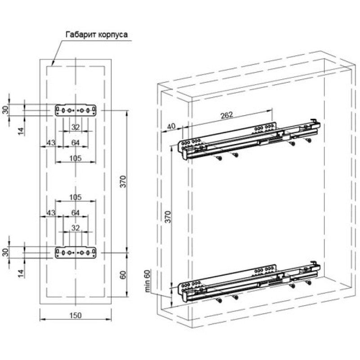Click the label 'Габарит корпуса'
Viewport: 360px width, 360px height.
point(96,35)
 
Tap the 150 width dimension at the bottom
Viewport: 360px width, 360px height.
point(76,315)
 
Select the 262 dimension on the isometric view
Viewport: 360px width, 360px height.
point(227,115)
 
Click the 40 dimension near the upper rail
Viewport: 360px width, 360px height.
point(171,126)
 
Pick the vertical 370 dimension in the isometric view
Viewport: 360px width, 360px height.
point(168,217)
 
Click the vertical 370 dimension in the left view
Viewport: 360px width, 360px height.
point(123,181)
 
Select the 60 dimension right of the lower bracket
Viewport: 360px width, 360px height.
point(123,275)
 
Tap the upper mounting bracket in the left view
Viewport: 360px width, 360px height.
point(76,110)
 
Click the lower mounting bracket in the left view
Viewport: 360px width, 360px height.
point(76,252)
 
